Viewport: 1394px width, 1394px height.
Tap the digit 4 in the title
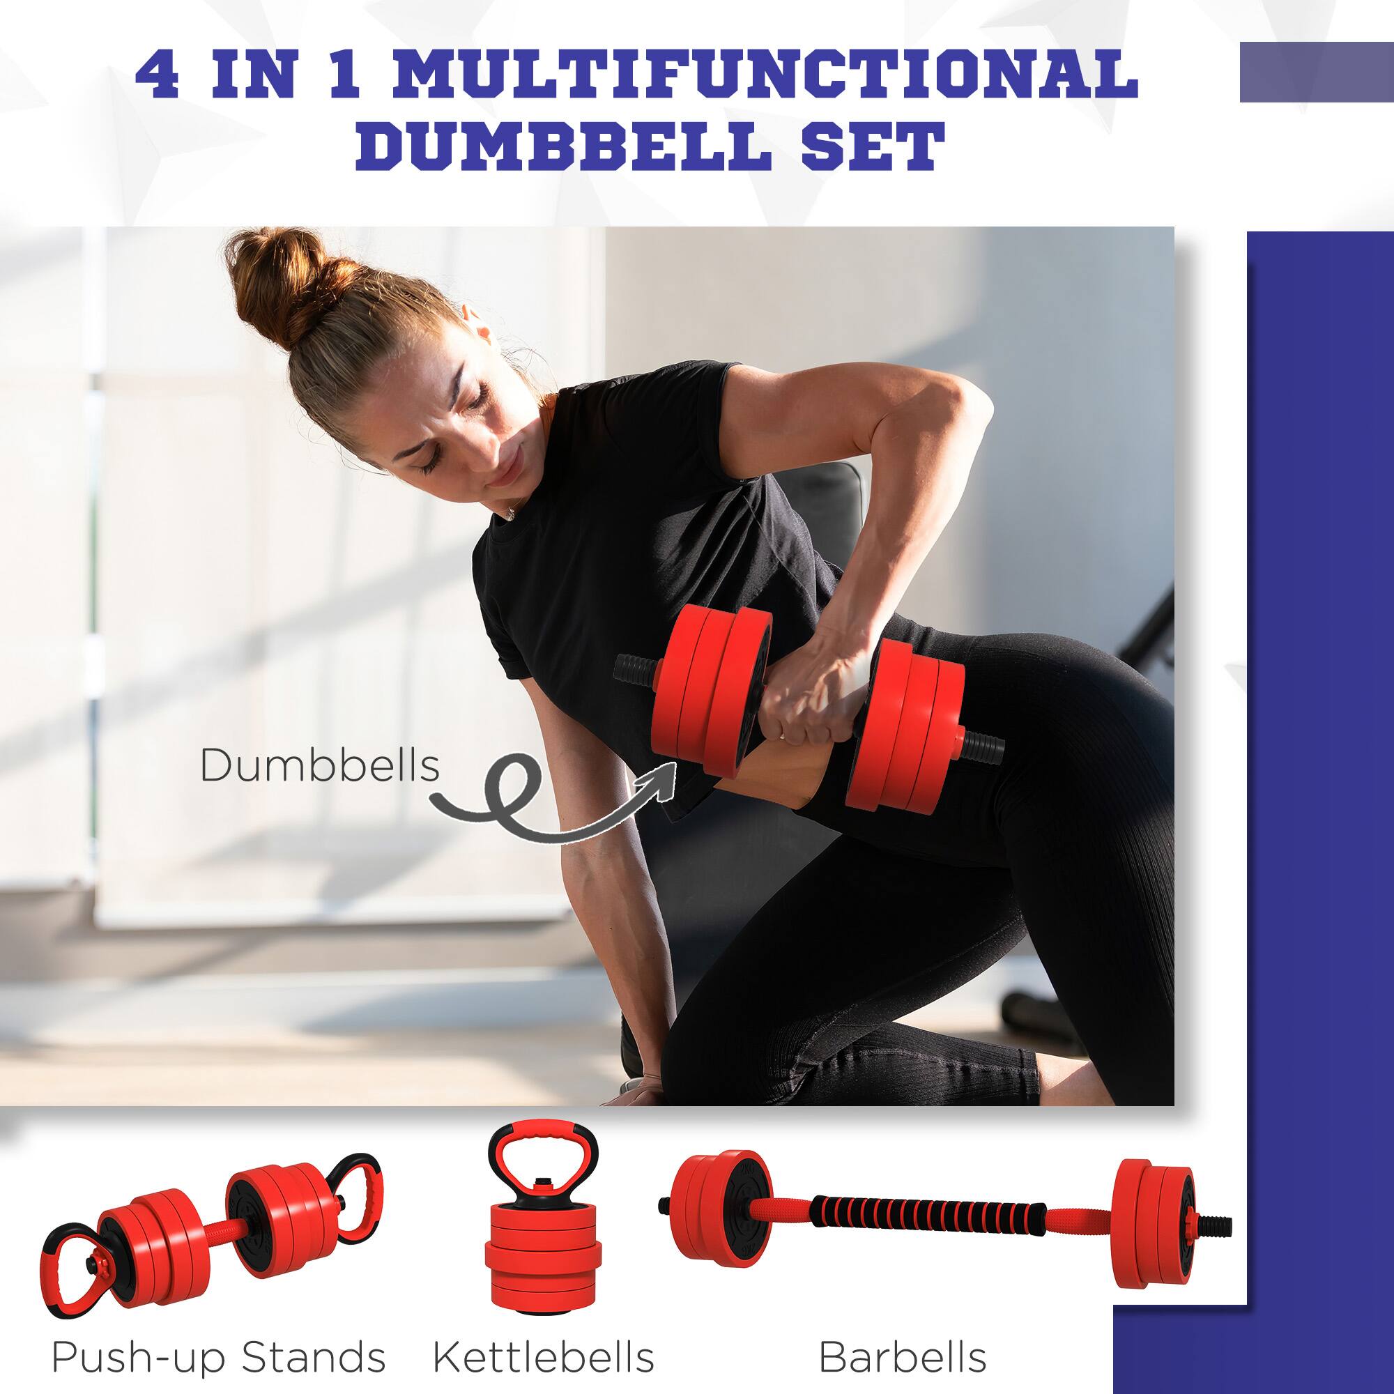(x=157, y=75)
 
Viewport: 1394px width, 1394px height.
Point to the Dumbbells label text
(x=320, y=765)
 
